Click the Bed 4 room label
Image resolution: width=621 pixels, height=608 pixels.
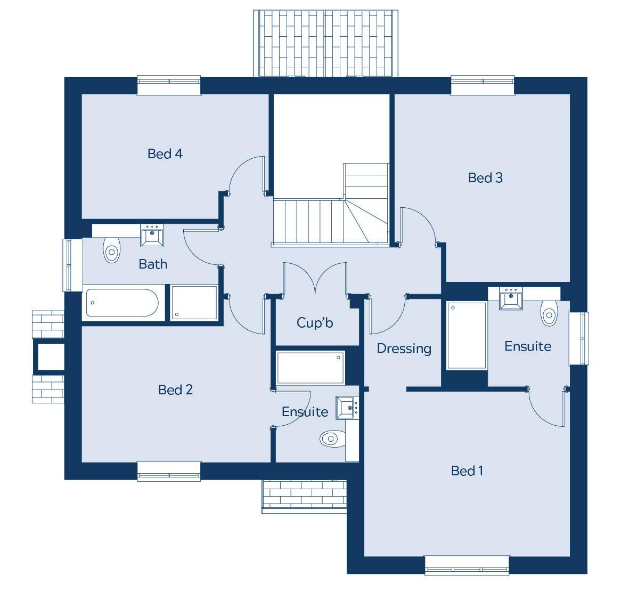[165, 154]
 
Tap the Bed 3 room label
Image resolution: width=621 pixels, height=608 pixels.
[485, 177]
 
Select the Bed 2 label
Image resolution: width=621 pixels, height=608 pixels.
[175, 390]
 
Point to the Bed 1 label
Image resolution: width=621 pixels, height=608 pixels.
[467, 471]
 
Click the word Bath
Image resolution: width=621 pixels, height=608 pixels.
[153, 264]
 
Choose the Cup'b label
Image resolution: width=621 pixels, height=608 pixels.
[315, 322]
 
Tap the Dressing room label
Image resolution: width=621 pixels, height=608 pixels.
[404, 348]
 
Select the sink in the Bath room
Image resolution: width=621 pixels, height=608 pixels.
[152, 236]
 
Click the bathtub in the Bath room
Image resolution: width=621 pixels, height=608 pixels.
[123, 303]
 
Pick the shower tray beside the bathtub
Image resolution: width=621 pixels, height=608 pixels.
[194, 303]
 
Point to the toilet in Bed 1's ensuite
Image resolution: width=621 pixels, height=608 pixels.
[549, 313]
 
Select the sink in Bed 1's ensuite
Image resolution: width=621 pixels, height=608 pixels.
[511, 298]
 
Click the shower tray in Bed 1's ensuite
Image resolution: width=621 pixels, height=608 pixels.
[467, 335]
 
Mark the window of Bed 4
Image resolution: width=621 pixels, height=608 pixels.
[169, 85]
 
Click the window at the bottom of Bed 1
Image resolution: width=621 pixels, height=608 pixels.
[467, 565]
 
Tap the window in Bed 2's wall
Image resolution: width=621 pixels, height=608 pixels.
[169, 471]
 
